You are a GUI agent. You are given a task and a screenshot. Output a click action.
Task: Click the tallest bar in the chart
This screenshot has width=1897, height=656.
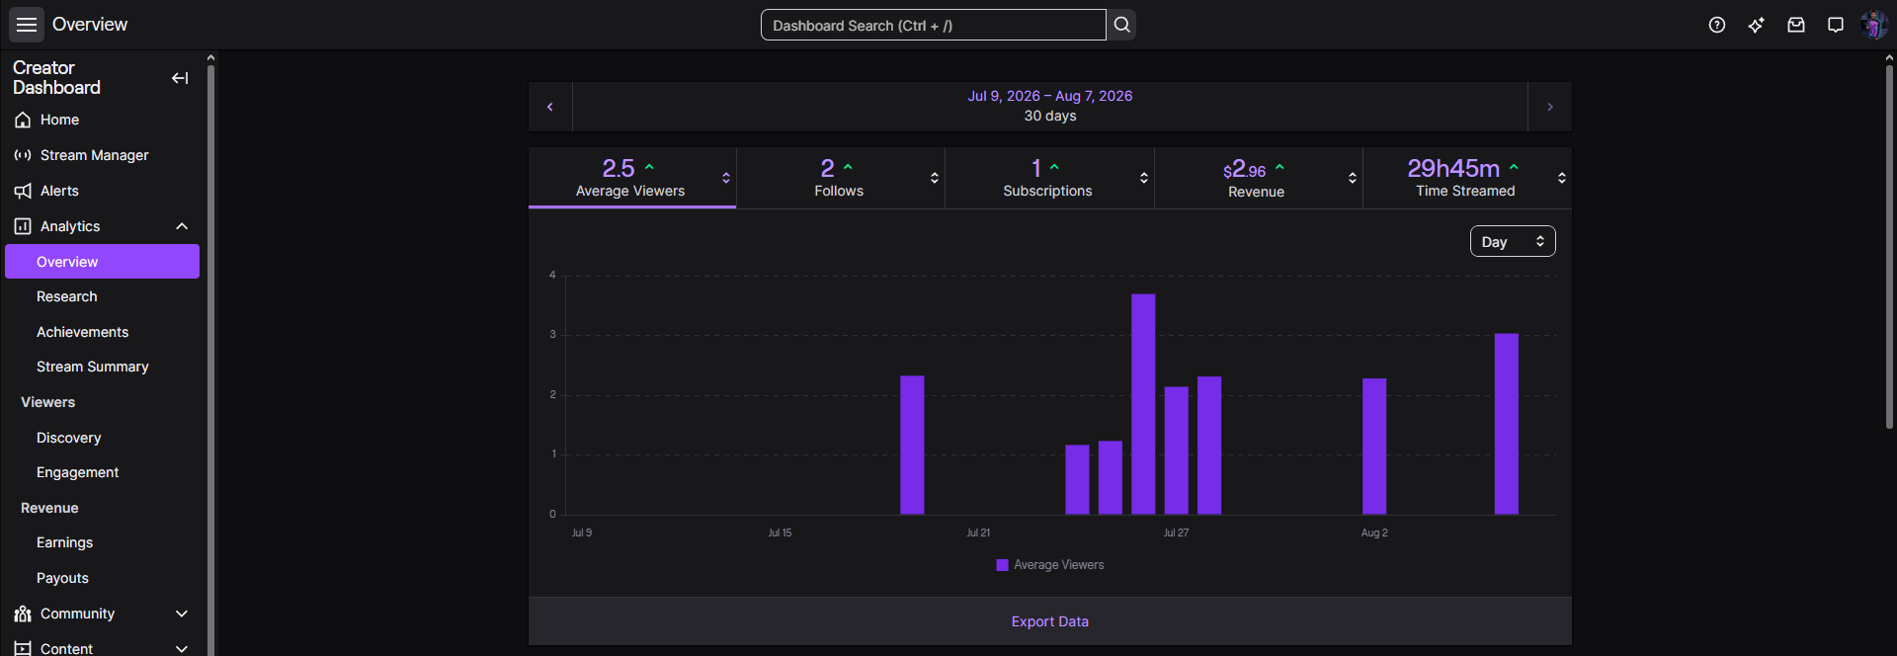click(x=1143, y=404)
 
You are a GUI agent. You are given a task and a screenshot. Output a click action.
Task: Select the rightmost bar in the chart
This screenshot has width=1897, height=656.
click(x=1506, y=424)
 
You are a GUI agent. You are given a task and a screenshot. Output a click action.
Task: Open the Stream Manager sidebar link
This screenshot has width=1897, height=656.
click(x=94, y=155)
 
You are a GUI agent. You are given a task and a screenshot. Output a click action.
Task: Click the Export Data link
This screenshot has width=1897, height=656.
click(x=1049, y=621)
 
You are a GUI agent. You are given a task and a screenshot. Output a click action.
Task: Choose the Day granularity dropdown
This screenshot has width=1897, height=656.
click(x=1513, y=242)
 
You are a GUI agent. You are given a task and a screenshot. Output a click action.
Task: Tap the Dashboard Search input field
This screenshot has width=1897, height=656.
click(x=933, y=25)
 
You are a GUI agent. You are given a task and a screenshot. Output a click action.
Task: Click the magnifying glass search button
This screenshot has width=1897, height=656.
click(x=1121, y=25)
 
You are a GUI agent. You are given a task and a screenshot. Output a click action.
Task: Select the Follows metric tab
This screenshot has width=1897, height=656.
click(x=840, y=178)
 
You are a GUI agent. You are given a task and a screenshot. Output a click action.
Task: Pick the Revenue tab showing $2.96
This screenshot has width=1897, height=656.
click(x=1258, y=178)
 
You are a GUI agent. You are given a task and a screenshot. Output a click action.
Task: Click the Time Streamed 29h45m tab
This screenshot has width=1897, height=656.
click(x=1466, y=178)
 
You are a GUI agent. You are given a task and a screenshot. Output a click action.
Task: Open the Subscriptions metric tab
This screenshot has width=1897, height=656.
click(x=1049, y=178)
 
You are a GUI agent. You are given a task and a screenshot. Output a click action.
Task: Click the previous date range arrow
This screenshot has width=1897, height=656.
click(x=550, y=107)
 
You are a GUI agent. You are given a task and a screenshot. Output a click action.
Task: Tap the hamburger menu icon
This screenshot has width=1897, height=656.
click(x=27, y=25)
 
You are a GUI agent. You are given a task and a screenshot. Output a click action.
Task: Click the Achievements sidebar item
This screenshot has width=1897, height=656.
click(x=82, y=332)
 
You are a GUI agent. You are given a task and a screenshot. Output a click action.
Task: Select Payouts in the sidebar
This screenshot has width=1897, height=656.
click(x=62, y=578)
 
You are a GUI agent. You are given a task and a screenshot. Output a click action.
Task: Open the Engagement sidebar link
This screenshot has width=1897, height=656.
click(x=77, y=472)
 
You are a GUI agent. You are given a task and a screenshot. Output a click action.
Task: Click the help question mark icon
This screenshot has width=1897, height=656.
click(x=1717, y=25)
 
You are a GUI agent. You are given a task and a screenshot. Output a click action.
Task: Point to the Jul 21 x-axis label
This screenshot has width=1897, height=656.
click(x=978, y=533)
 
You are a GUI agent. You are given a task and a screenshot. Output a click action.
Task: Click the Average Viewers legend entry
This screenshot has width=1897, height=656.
click(x=1050, y=565)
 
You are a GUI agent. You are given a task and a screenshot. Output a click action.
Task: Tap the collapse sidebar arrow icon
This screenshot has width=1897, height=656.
click(x=180, y=78)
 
